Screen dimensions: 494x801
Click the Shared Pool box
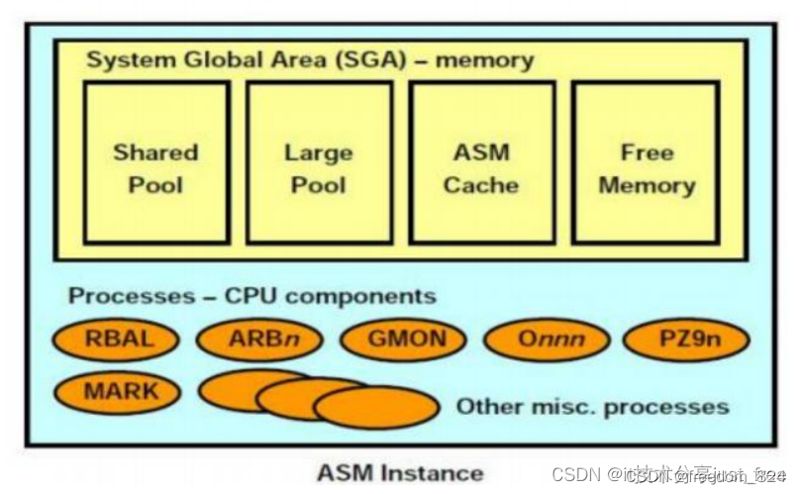tap(156, 163)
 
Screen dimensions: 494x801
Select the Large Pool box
tap(319, 163)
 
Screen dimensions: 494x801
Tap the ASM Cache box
tap(481, 163)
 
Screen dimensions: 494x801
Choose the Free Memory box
tap(647, 163)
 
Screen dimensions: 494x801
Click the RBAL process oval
tap(117, 340)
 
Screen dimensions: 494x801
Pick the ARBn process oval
tap(260, 340)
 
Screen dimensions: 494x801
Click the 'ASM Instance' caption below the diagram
tap(400, 472)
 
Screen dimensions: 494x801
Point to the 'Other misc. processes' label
tap(592, 406)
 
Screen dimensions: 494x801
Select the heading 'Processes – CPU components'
tap(251, 296)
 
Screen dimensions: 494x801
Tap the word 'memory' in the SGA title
tap(484, 59)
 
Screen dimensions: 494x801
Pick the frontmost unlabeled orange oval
tap(376, 408)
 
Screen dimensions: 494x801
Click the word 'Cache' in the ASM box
tap(481, 185)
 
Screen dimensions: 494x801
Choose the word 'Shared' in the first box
tap(156, 152)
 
